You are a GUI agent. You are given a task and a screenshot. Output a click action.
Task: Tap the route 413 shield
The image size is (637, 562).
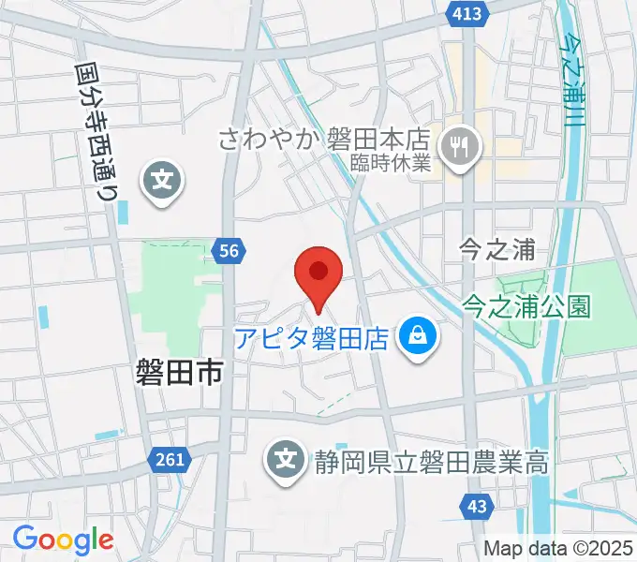click(466, 13)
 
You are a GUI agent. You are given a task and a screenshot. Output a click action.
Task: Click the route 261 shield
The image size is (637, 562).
click(169, 458)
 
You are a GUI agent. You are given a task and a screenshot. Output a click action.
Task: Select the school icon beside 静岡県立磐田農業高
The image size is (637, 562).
click(285, 459)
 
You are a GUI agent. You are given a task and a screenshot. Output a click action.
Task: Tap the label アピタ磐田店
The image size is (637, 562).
click(311, 337)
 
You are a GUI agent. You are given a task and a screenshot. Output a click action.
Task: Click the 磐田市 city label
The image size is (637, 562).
click(177, 376)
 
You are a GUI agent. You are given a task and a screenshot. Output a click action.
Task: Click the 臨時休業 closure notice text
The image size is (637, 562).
click(391, 163)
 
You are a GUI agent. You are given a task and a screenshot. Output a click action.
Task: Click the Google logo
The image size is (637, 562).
click(63, 540)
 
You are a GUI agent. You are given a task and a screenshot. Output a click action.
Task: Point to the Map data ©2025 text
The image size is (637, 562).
click(559, 548)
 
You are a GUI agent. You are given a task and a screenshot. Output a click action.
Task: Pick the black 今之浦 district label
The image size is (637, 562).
click(497, 250)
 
